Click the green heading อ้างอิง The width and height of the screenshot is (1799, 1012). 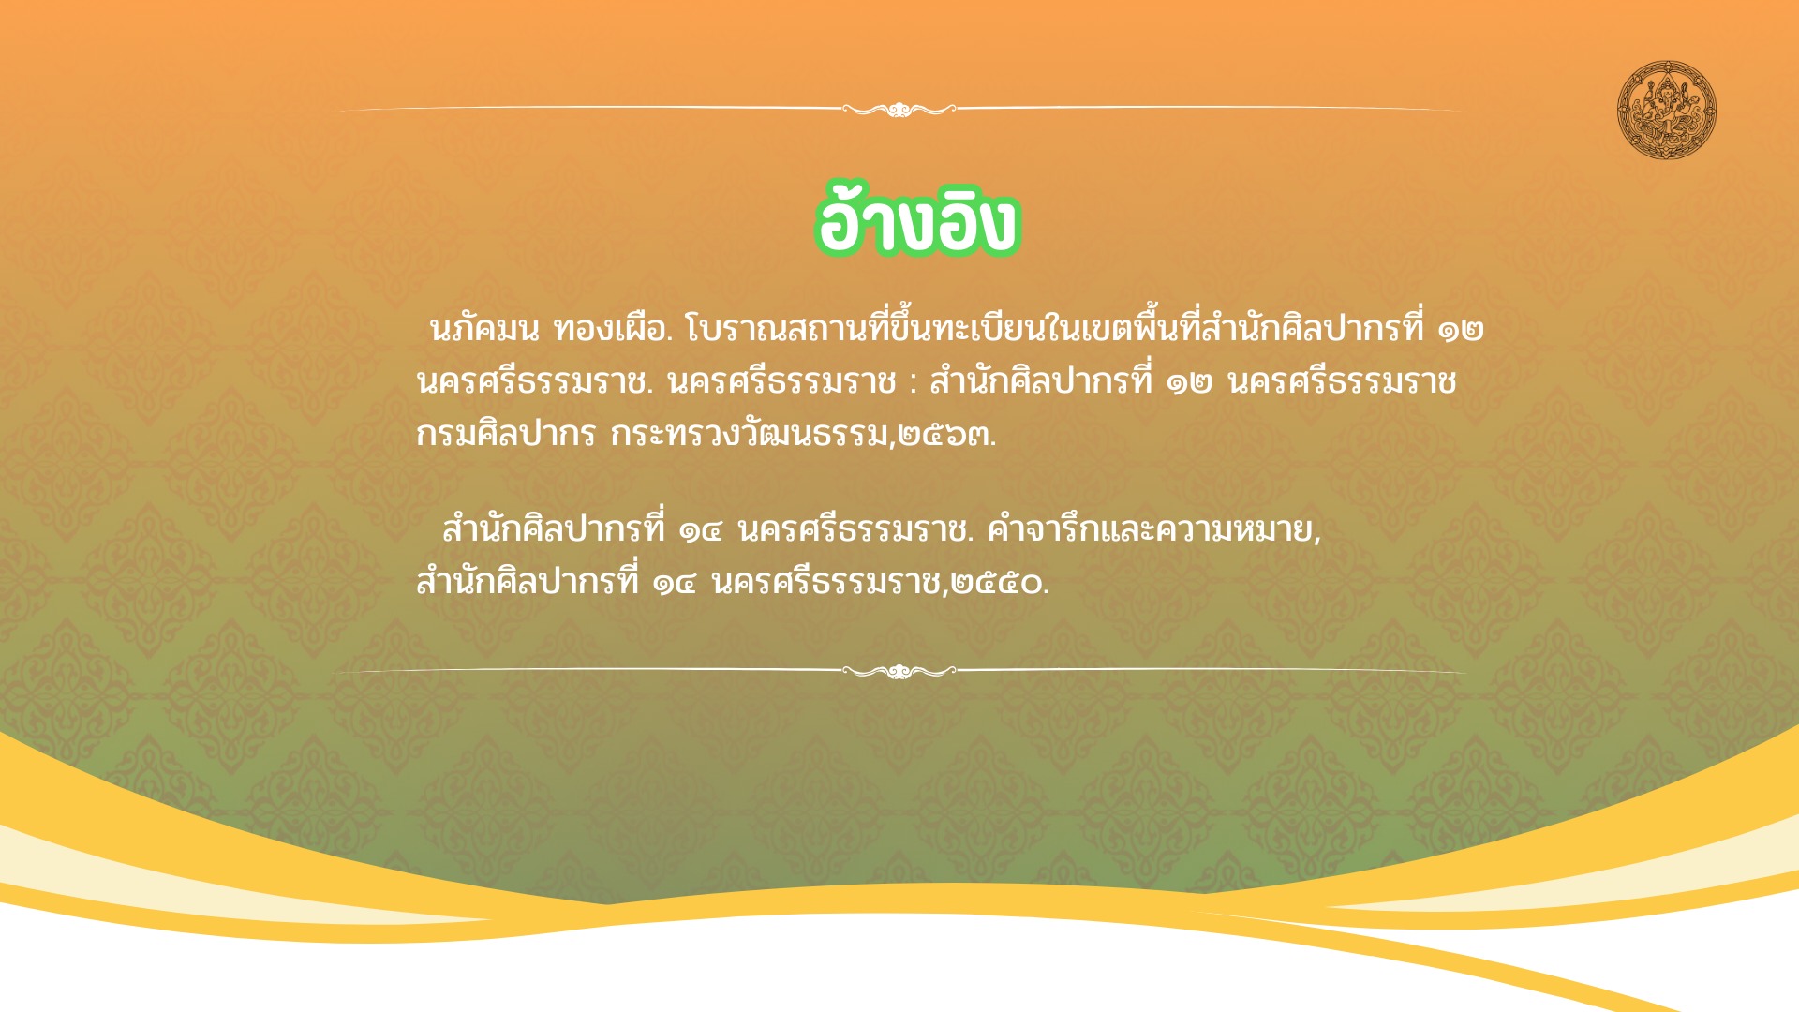[x=917, y=219]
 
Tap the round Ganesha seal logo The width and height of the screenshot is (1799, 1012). [x=1667, y=111]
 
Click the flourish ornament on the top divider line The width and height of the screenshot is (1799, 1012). [x=899, y=110]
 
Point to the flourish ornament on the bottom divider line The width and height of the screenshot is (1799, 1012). [x=899, y=671]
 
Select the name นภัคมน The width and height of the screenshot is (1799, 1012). [x=484, y=329]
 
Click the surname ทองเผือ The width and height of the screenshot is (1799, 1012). [x=613, y=329]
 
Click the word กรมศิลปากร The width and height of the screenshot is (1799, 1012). [x=506, y=434]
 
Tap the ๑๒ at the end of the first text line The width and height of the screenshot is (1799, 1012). [x=1462, y=330]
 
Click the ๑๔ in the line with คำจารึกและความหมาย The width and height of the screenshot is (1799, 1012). [x=701, y=531]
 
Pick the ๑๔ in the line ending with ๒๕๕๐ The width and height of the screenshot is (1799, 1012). [x=675, y=584]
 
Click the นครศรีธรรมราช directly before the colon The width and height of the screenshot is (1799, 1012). [x=781, y=381]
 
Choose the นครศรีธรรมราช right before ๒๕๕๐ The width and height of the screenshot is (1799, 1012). [x=827, y=583]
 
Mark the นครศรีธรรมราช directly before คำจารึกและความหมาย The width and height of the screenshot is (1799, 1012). [x=854, y=530]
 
